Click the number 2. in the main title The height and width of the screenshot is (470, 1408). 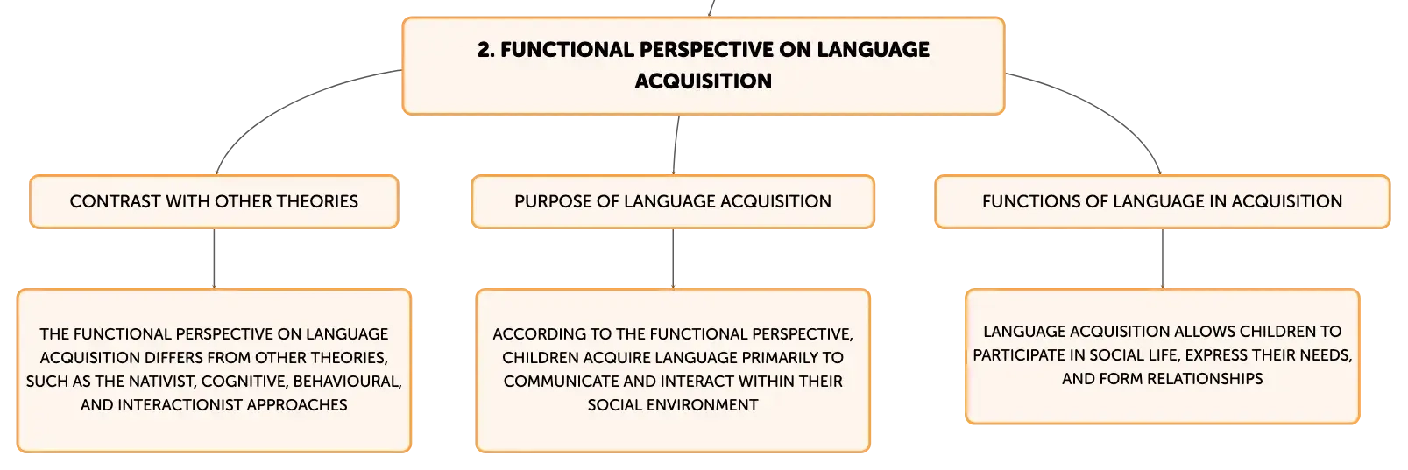coord(486,50)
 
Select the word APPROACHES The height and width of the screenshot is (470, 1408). coord(297,405)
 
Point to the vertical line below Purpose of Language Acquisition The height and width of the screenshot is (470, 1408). coord(673,258)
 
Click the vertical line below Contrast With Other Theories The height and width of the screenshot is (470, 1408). coord(214,258)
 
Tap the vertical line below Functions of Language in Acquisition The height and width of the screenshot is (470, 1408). coord(1162,258)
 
